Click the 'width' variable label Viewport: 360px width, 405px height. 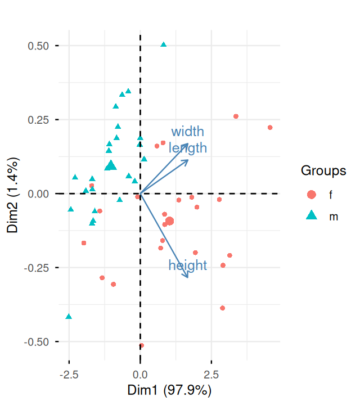tap(188, 132)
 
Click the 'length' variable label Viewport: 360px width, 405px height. tap(188, 148)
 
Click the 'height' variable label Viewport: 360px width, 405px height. tap(188, 265)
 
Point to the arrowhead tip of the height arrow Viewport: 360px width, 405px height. tap(188, 278)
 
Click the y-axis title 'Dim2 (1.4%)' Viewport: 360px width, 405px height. tap(15, 193)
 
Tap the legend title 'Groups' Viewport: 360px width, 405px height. tap(323, 170)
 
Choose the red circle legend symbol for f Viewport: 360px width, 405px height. tap(311, 195)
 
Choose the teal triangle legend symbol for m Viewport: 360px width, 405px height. tap(311, 215)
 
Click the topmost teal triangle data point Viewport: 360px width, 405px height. tap(164, 44)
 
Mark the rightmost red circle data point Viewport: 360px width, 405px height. tap(270, 128)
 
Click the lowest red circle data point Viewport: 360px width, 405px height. tap(141, 345)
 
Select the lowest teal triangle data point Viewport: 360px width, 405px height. tap(69, 317)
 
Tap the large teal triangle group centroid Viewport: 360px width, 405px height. tap(111, 165)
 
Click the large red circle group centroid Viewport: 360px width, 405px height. tap(169, 221)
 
